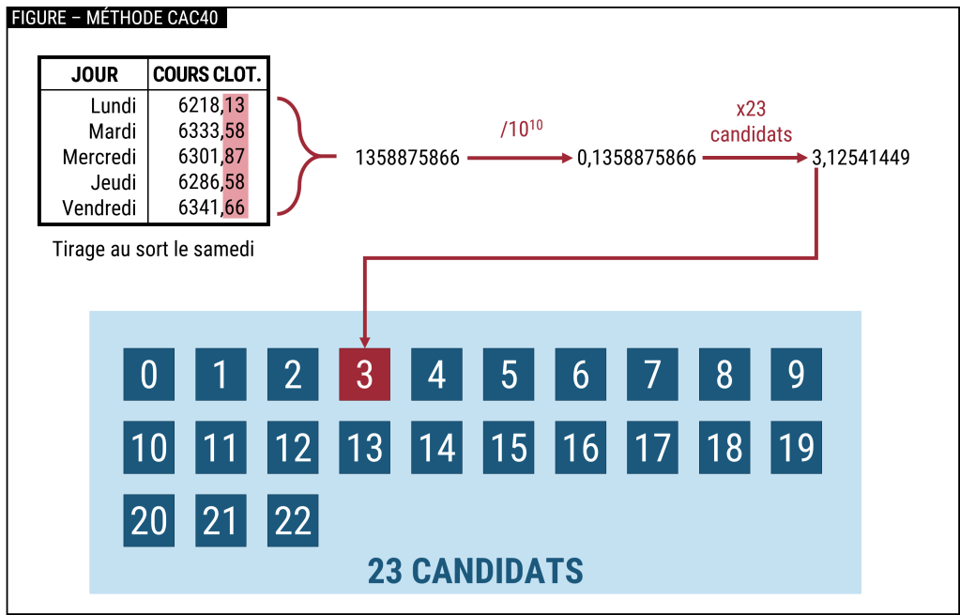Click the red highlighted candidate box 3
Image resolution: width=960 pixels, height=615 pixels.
364,375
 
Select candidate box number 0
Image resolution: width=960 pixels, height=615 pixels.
148,375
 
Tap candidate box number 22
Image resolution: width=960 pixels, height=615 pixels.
293,520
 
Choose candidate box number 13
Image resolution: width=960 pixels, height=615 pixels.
364,447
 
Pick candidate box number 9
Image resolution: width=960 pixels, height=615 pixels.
796,375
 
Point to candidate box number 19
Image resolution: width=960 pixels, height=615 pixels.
796,447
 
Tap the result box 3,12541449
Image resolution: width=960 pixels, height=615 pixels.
861,158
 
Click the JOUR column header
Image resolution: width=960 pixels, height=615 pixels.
94,74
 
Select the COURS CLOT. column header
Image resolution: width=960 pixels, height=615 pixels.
206,74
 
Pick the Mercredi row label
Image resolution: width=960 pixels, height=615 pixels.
99,156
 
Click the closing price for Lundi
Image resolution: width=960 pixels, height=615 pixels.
211,104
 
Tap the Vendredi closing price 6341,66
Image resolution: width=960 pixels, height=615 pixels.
211,208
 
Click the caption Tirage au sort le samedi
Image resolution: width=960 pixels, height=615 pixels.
153,250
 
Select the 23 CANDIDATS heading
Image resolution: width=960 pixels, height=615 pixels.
475,570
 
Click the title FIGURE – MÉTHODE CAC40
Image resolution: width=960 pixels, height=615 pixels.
116,18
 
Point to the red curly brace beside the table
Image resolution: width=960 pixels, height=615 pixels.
300,156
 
